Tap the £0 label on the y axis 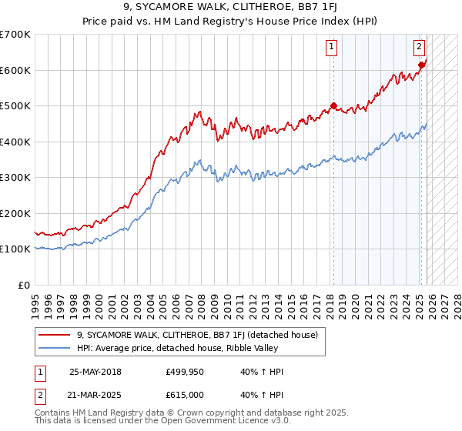25,285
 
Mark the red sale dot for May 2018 333,106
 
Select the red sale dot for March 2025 421,65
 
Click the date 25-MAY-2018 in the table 97,372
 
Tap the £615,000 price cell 188,393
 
